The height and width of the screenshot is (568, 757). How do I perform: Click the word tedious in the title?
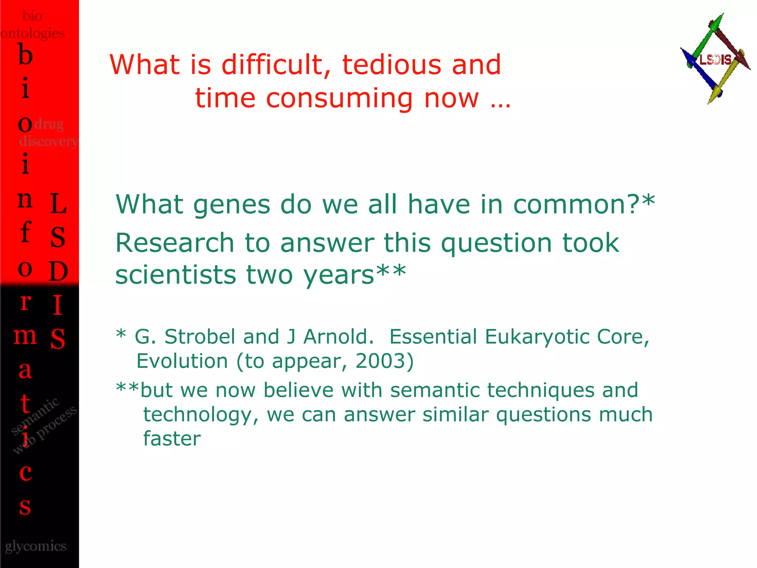(391, 65)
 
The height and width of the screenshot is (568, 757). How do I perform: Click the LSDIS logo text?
(715, 60)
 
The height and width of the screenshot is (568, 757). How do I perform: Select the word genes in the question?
(232, 205)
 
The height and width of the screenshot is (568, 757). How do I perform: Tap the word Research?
(174, 243)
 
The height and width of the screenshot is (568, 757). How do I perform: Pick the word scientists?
(175, 275)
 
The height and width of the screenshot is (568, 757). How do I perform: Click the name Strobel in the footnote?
(200, 337)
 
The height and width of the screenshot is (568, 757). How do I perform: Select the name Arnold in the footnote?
(338, 337)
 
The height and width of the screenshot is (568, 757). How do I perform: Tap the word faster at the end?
(172, 439)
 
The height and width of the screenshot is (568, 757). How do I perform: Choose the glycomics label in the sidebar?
(35, 546)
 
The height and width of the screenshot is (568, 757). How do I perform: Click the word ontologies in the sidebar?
(33, 33)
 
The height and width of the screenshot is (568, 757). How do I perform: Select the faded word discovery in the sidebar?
(48, 141)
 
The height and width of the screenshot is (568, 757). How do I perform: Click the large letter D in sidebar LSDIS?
(58, 271)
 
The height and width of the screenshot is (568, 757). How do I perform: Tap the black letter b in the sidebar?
(25, 55)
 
